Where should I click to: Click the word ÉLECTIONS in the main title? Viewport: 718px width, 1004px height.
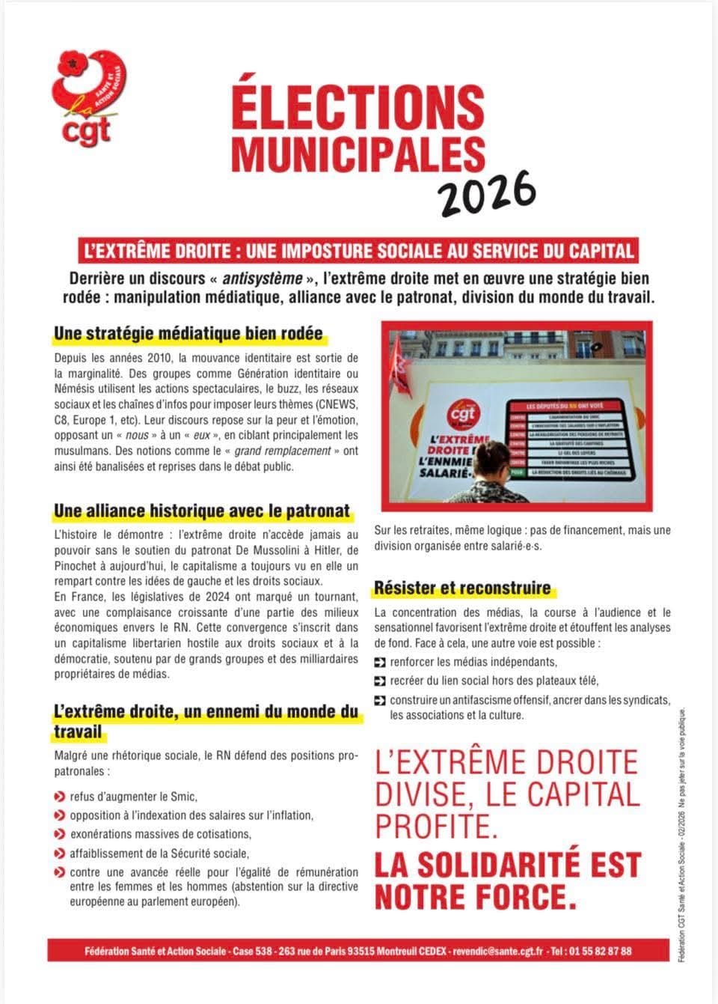[358, 107]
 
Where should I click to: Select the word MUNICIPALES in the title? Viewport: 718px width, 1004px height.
[358, 153]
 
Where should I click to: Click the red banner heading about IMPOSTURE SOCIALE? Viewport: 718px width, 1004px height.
[359, 251]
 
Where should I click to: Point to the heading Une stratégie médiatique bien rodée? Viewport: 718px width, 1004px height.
[188, 333]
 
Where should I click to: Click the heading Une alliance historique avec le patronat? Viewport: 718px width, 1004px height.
[202, 511]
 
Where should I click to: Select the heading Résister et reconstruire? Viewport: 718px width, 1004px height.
[462, 588]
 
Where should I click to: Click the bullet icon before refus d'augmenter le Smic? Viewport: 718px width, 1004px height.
[59, 797]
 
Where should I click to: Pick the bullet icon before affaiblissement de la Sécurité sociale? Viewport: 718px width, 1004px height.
[59, 853]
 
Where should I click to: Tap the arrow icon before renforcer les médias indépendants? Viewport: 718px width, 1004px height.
[380, 662]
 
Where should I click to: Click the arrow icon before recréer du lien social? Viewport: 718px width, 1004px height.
[380, 681]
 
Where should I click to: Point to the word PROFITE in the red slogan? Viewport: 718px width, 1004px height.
[436, 826]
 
